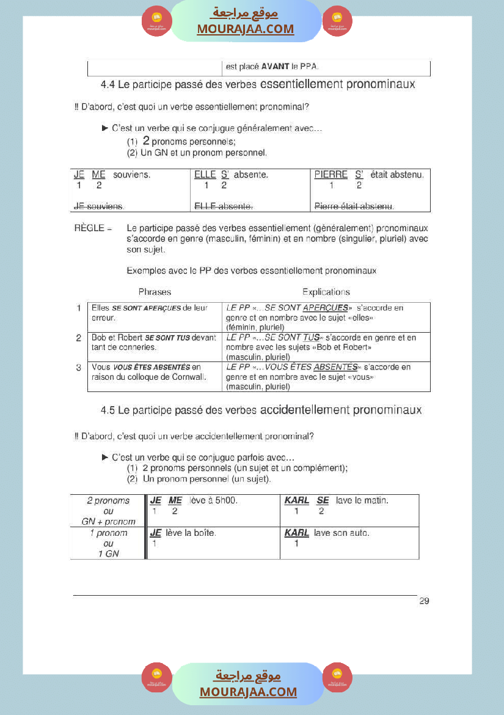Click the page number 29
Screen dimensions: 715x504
(424, 601)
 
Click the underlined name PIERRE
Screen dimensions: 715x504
(331, 175)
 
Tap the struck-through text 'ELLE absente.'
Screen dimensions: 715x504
(224, 206)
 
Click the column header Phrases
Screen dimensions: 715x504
(155, 292)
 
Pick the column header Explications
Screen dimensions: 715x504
(326, 292)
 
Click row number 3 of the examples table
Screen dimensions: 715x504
(79, 368)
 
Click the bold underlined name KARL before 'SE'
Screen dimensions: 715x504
(297, 501)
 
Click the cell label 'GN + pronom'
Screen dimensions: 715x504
(108, 522)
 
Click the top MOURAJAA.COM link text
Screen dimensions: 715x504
(245, 29)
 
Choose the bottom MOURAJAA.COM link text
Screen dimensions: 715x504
(248, 692)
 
